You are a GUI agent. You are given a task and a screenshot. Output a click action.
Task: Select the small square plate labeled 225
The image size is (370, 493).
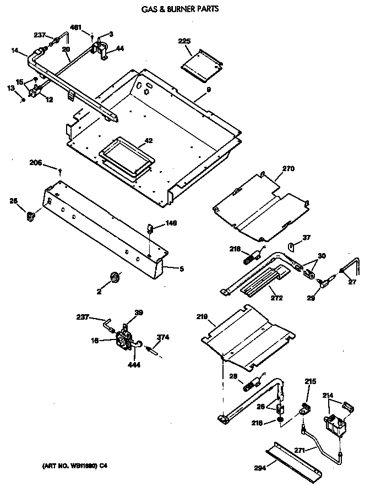201,62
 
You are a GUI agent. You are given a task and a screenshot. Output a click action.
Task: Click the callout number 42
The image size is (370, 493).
148,141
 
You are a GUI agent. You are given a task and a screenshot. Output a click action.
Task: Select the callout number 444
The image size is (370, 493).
133,364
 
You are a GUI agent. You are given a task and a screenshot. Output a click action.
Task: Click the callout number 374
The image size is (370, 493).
162,337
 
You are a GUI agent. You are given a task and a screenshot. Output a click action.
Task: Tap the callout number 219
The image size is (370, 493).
202,317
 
